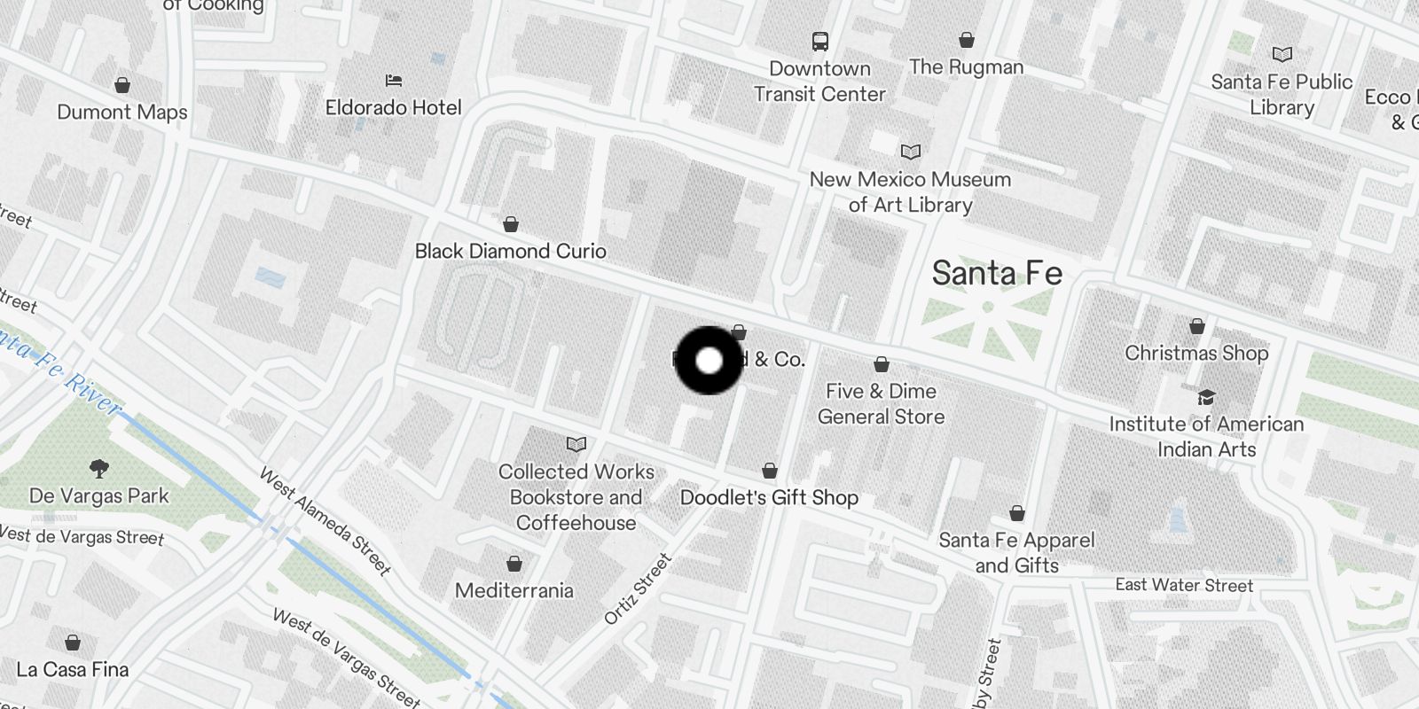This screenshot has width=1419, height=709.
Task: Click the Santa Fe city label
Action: pyautogui.click(x=997, y=273)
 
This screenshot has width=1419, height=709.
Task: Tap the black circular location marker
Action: pyautogui.click(x=709, y=360)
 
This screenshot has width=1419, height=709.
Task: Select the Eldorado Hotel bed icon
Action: pyautogui.click(x=394, y=81)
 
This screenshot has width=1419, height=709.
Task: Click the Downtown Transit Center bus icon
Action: pyautogui.click(x=819, y=41)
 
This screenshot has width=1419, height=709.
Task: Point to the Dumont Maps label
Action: pyautogui.click(x=122, y=113)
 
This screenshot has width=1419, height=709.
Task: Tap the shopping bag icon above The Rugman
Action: pyautogui.click(x=967, y=40)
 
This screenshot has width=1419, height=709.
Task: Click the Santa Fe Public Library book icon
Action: pyautogui.click(x=1282, y=54)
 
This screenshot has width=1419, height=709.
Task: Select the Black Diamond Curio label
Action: pyautogui.click(x=511, y=251)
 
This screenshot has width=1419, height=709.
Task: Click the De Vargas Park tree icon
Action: pyautogui.click(x=99, y=468)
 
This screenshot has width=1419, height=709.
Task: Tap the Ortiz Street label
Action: pyautogui.click(x=638, y=588)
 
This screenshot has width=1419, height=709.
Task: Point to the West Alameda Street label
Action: pyautogui.click(x=325, y=521)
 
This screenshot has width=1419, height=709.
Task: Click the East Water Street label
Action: pyautogui.click(x=1184, y=585)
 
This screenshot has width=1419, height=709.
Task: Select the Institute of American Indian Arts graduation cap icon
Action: pyautogui.click(x=1206, y=397)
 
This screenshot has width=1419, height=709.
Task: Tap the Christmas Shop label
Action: pyautogui.click(x=1196, y=353)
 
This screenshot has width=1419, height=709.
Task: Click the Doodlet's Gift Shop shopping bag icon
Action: pyautogui.click(x=770, y=471)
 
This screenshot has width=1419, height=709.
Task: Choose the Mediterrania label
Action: pyautogui.click(x=514, y=590)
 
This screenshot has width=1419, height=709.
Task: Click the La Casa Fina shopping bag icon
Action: pyautogui.click(x=73, y=642)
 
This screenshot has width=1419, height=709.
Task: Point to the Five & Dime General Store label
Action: pyautogui.click(x=881, y=404)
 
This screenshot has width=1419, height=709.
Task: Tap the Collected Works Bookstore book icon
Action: pyautogui.click(x=576, y=444)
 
